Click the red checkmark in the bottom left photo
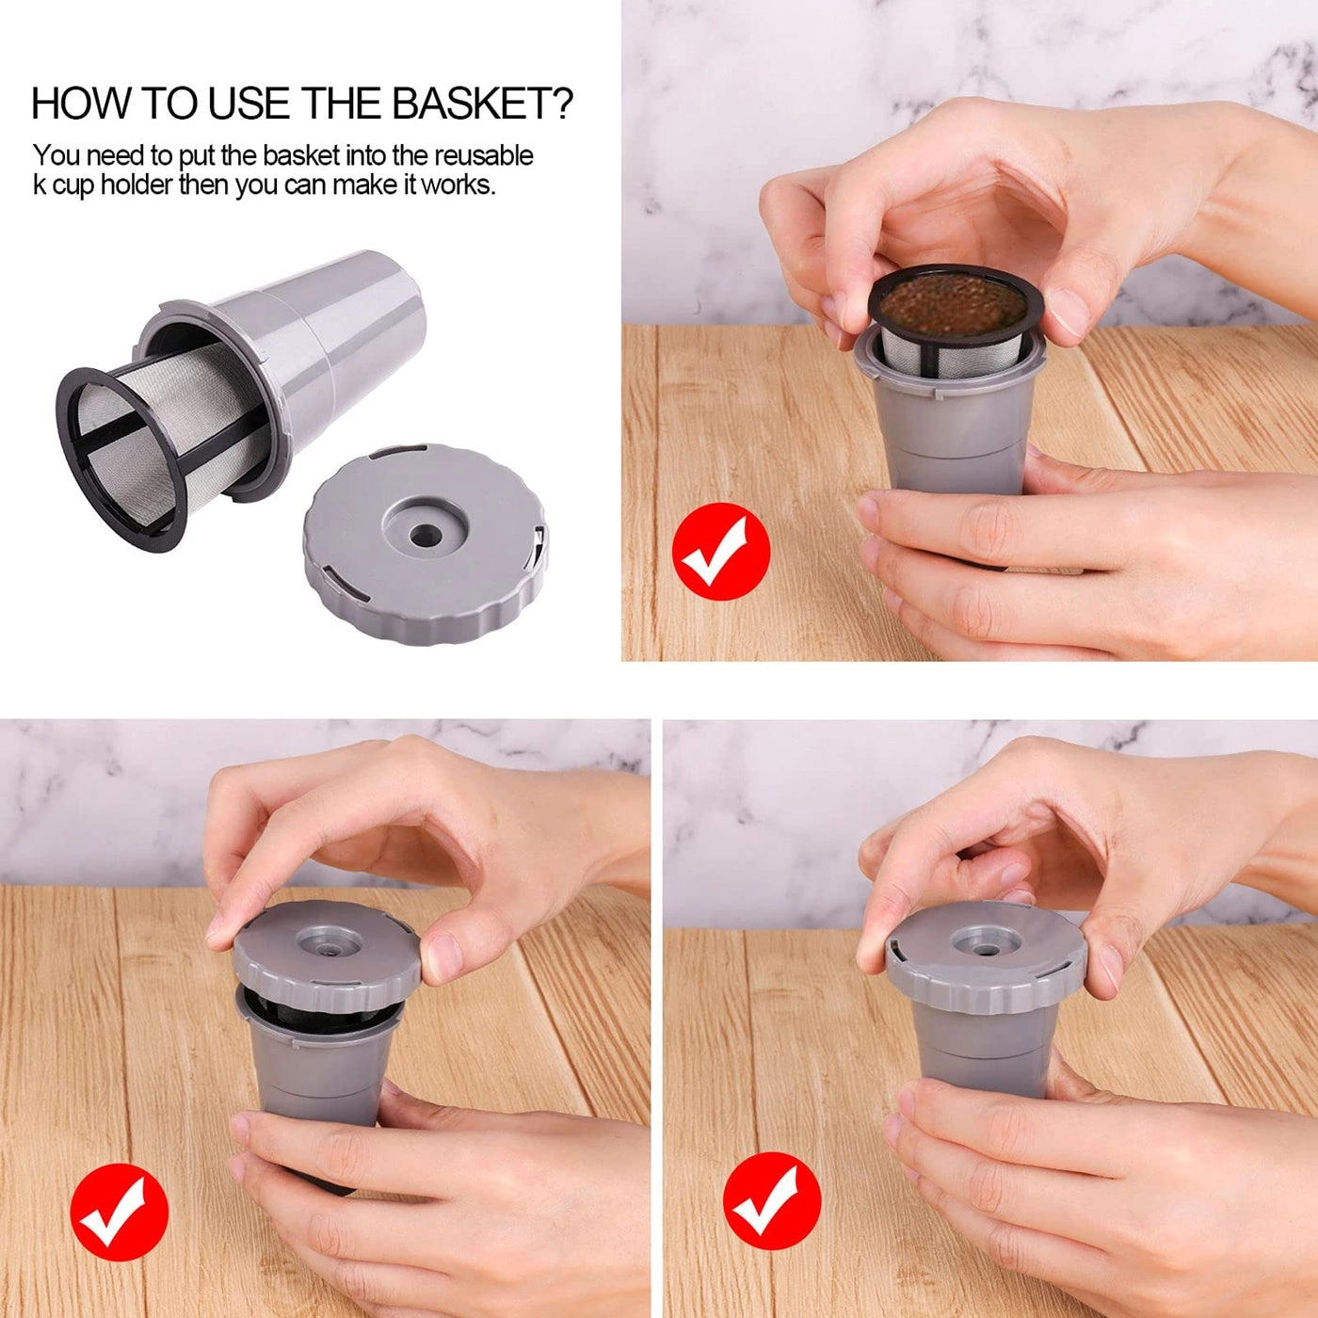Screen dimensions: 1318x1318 [120, 1212]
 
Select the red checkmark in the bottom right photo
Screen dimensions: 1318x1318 [772, 1200]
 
